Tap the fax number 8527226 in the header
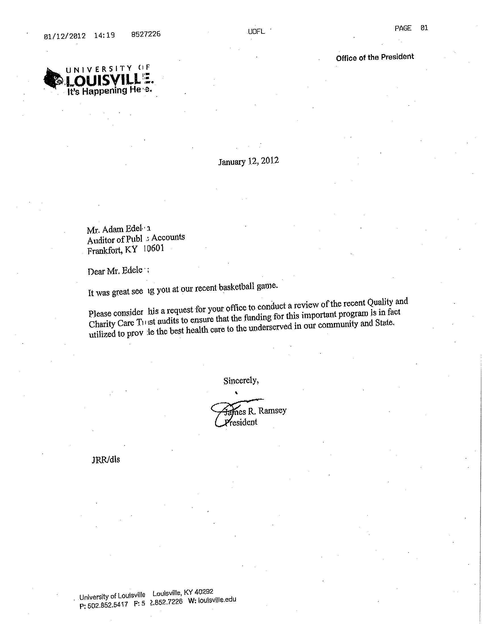(x=146, y=35)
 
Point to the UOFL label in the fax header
(x=256, y=31)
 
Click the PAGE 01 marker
(x=411, y=28)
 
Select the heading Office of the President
(x=374, y=57)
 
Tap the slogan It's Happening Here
(x=108, y=91)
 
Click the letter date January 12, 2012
(x=248, y=161)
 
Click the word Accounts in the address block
(x=168, y=237)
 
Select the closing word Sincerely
(x=241, y=381)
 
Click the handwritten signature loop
(x=220, y=414)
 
